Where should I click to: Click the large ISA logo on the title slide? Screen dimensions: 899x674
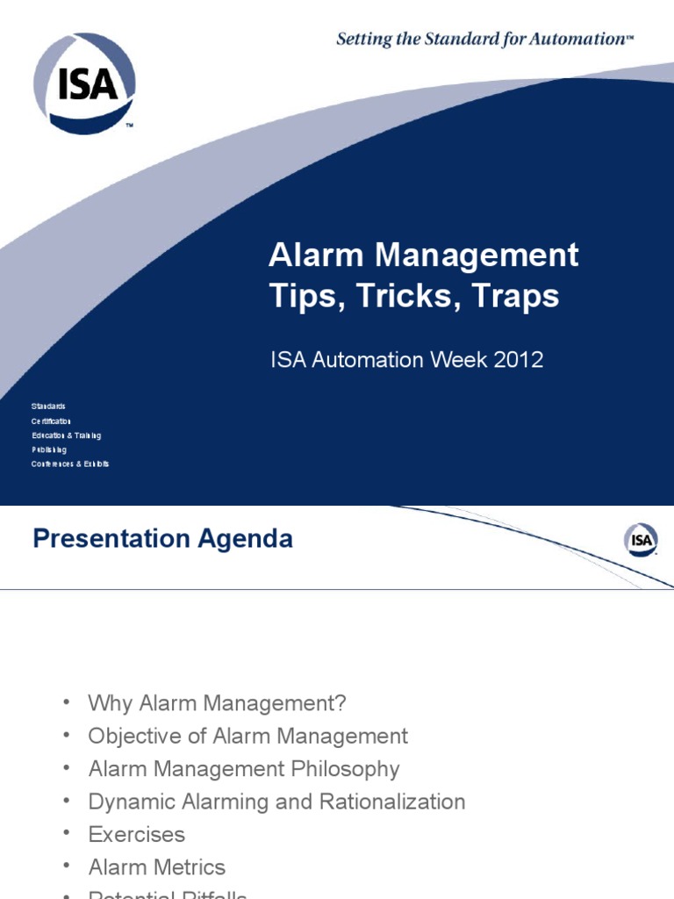(x=84, y=83)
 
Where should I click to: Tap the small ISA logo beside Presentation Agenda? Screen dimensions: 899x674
(x=642, y=540)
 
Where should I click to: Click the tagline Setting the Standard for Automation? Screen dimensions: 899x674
(x=484, y=39)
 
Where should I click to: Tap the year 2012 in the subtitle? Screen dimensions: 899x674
(x=518, y=360)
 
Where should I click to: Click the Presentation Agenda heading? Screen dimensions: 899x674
(x=162, y=538)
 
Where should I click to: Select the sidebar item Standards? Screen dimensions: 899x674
(x=48, y=406)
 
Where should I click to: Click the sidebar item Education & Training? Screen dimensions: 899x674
(x=67, y=435)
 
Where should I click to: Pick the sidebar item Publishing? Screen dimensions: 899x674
(x=49, y=449)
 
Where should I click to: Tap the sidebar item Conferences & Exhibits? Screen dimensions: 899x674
(x=70, y=464)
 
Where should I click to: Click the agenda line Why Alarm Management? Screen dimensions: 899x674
(x=218, y=703)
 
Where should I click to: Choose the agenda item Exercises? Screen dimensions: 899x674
(x=137, y=834)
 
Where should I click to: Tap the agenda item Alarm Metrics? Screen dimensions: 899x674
(x=157, y=867)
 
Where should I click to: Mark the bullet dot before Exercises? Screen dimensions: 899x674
(x=67, y=834)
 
